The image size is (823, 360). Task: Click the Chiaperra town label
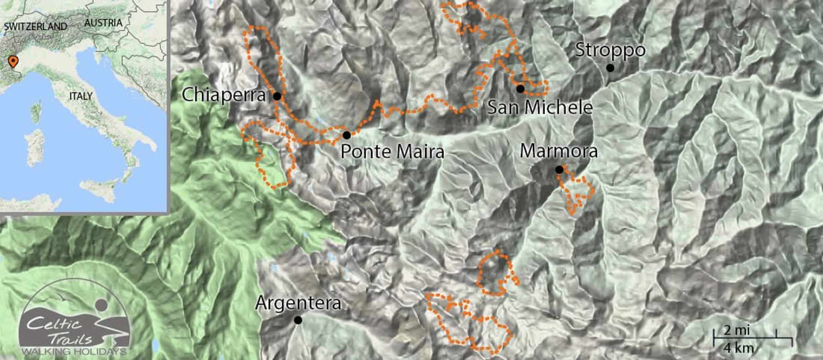tap(223, 95)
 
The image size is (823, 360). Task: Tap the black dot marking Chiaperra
tap(277, 96)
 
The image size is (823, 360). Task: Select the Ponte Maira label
tap(392, 152)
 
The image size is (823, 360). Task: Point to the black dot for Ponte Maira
tap(347, 135)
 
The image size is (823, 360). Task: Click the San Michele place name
tap(540, 107)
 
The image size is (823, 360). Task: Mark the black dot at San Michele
tap(520, 89)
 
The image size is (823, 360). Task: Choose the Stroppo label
tap(610, 50)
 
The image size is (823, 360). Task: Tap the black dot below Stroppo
tap(610, 68)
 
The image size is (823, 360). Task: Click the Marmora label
tap(559, 151)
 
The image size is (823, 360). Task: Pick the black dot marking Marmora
tap(559, 170)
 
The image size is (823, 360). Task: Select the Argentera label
tap(298, 303)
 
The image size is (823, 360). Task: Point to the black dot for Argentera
tap(298, 320)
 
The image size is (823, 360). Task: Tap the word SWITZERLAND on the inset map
tap(36, 27)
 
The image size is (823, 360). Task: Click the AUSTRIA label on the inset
tap(103, 23)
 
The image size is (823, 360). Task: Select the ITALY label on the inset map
tap(81, 96)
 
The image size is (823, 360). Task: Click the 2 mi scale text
tap(736, 330)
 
